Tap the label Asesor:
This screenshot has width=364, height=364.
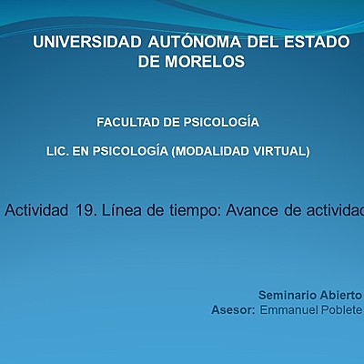tap(232, 310)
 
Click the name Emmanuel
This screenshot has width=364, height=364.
tap(290, 310)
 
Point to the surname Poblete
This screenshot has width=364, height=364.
tap(344, 310)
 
